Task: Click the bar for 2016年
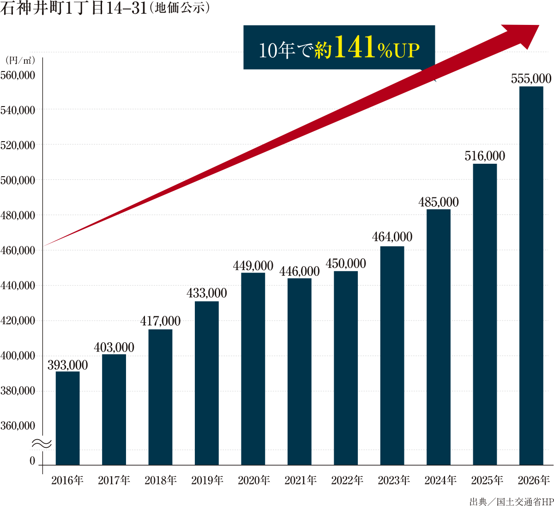[x=67, y=417]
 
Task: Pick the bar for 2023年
[x=392, y=355]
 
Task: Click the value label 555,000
[x=531, y=79]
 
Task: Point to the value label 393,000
[x=67, y=365]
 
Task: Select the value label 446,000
[x=299, y=272]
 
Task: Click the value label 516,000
[x=485, y=156]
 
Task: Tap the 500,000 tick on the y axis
[x=18, y=180]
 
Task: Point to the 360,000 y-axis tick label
[x=18, y=426]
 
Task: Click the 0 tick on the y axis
[x=32, y=461]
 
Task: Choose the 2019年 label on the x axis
[x=207, y=481]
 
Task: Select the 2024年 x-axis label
[x=440, y=481]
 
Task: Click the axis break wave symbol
[x=42, y=443]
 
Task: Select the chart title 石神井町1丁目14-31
[x=74, y=8]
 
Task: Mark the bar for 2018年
[x=160, y=397]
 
